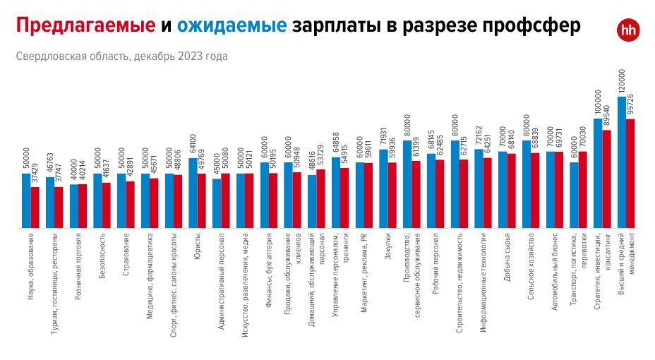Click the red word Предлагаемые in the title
(x=85, y=26)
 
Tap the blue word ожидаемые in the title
(x=232, y=26)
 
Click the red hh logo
(x=627, y=29)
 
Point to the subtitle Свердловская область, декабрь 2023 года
(x=121, y=56)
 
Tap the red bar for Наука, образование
(x=35, y=208)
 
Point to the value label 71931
(x=383, y=138)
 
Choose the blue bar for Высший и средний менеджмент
(x=622, y=162)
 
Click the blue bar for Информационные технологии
(x=479, y=188)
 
